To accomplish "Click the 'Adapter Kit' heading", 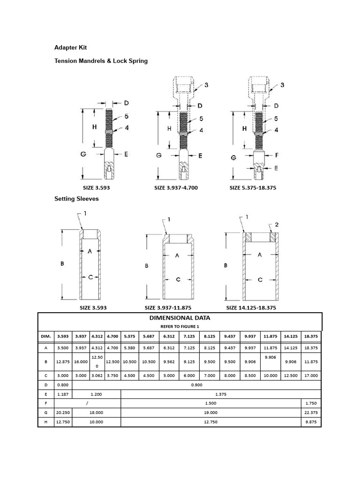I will (71, 47).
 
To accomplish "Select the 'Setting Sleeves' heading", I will (77, 199).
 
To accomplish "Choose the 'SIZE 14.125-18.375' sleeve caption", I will (257, 308).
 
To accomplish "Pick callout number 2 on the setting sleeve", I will (277, 225).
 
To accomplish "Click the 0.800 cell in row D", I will (63, 385).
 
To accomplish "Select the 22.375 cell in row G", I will (311, 412).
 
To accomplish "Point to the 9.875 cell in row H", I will (311, 421).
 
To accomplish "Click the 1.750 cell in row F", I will (311, 403).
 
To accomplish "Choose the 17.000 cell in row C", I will (311, 375).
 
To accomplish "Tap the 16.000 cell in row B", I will (81, 362).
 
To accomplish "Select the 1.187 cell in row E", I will (63, 394).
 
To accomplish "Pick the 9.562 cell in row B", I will (168, 362).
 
